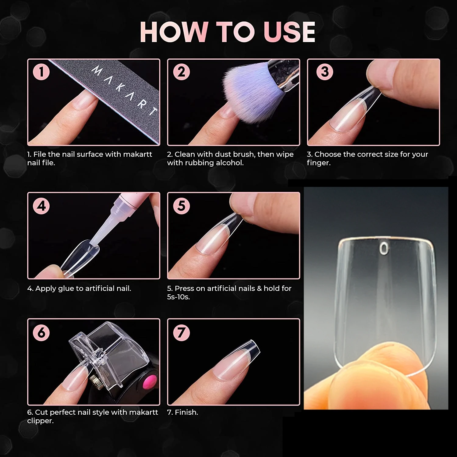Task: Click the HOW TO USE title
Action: [x=228, y=32]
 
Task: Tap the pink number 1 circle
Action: [x=41, y=72]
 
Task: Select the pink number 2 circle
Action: [x=181, y=72]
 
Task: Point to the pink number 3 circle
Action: [x=325, y=72]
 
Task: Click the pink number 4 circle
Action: [x=41, y=206]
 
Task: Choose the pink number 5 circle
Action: [x=181, y=206]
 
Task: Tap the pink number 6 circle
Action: [x=41, y=332]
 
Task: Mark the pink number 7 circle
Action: [x=181, y=332]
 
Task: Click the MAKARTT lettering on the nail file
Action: [x=125, y=90]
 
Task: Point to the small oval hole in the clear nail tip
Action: [x=385, y=249]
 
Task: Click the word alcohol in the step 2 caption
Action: [x=230, y=163]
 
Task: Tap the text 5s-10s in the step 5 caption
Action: [x=178, y=297]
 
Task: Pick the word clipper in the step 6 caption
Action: [x=40, y=421]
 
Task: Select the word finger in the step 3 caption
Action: [x=319, y=163]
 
